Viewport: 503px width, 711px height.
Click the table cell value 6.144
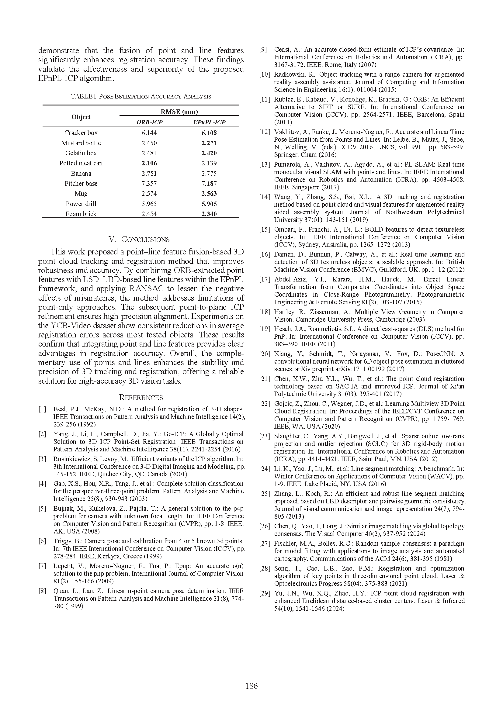(149, 133)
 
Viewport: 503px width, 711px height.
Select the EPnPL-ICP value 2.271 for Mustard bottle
(209, 143)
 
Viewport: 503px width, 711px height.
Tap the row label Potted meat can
(81, 163)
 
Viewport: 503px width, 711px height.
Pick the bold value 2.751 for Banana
(149, 173)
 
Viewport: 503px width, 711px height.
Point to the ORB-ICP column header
(149, 122)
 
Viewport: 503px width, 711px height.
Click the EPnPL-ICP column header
(209, 122)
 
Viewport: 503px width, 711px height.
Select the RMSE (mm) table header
(179, 112)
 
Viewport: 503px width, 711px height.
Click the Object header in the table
(81, 117)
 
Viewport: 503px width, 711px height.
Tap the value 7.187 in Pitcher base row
(209, 184)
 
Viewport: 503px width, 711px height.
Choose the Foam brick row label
(81, 214)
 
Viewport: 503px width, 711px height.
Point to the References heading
(141, 398)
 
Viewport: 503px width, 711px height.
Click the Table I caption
(141, 96)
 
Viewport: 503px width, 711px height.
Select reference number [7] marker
(43, 566)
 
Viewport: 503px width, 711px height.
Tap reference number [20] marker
(265, 354)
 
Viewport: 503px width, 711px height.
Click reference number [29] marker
(265, 593)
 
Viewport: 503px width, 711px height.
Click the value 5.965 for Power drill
(149, 204)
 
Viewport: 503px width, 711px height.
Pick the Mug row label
(81, 194)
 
